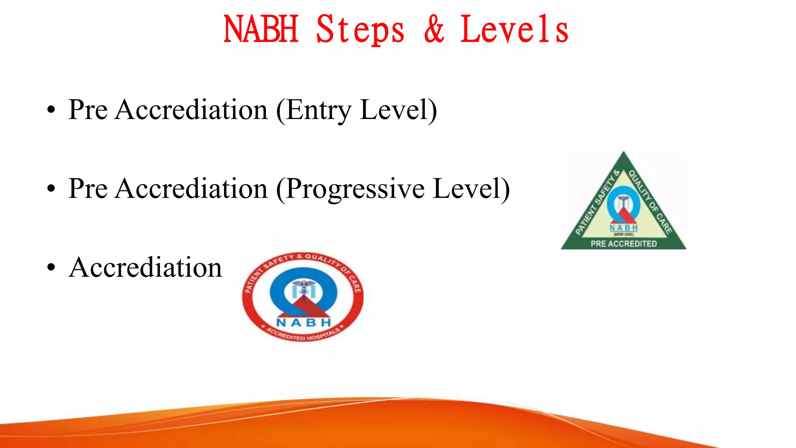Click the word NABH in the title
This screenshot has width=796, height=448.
tap(261, 30)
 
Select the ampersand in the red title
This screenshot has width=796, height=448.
tap(434, 30)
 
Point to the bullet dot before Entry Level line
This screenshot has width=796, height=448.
tap(51, 110)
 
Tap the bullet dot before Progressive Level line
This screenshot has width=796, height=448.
tap(51, 189)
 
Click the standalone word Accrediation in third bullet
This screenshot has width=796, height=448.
tap(145, 268)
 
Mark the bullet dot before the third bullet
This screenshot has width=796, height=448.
tap(51, 268)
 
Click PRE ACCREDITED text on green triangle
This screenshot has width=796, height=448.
tap(623, 244)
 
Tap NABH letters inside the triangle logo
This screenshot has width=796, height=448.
tap(623, 228)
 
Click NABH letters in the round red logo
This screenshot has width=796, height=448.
tap(304, 322)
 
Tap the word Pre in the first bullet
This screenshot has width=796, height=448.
tap(88, 110)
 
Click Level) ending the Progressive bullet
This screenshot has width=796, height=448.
tap(471, 189)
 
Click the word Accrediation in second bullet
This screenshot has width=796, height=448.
tap(191, 189)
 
